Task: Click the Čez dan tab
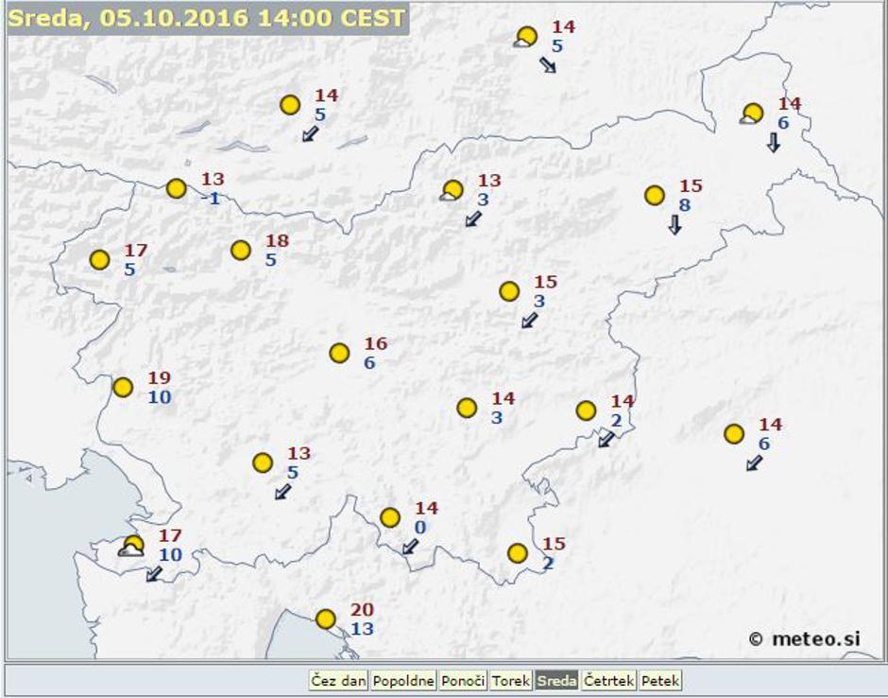tap(338, 681)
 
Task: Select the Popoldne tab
tap(403, 681)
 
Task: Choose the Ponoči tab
tap(463, 681)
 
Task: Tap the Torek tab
tap(511, 681)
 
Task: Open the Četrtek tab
tap(608, 681)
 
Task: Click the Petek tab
tap(660, 681)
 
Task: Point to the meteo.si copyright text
tap(805, 638)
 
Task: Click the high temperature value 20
tap(362, 610)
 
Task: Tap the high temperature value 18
tap(277, 241)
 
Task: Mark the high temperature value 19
tap(159, 378)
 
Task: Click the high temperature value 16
tap(376, 344)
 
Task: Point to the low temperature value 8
tap(685, 204)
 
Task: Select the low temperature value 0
tap(420, 527)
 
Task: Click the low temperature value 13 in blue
tap(362, 628)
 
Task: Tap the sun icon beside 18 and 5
tap(241, 251)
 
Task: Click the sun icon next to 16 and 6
tap(340, 353)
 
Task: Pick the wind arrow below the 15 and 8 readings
tap(675, 225)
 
